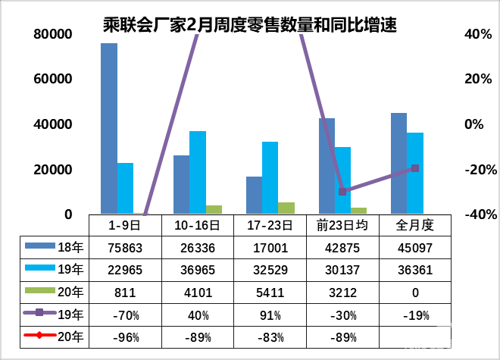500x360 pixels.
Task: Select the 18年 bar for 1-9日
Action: [x=109, y=129]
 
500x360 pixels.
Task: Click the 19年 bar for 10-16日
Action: [x=198, y=172]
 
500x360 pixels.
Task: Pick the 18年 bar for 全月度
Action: [x=398, y=163]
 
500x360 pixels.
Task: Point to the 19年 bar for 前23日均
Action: [x=342, y=180]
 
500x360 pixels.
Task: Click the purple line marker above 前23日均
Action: [x=342, y=192]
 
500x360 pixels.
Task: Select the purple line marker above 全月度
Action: [x=414, y=168]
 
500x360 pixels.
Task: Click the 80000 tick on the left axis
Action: [x=52, y=35]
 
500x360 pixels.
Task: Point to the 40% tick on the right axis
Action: [x=473, y=35]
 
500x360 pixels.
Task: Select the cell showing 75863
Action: [x=125, y=247]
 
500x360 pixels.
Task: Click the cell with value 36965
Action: [x=198, y=270]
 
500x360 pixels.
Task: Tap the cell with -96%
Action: [x=125, y=337]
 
